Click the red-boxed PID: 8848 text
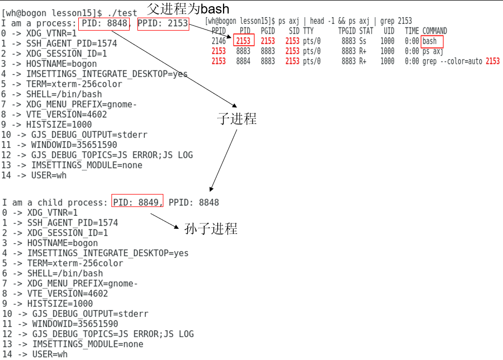105,23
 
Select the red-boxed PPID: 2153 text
162,23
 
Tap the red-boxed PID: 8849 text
137,202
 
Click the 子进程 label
236,119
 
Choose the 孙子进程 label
211,228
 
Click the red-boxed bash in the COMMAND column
429,41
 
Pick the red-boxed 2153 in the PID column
243,41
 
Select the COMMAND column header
435,31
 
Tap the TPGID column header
347,31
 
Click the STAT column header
366,31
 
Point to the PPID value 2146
219,41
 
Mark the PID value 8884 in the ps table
243,61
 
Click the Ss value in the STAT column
362,41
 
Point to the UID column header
389,31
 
